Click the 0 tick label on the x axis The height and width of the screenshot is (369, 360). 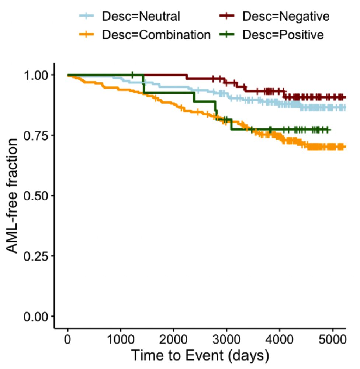pyautogui.click(x=67, y=339)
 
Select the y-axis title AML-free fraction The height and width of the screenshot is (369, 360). pyautogui.click(x=13, y=196)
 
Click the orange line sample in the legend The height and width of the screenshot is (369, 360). pyautogui.click(x=87, y=35)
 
